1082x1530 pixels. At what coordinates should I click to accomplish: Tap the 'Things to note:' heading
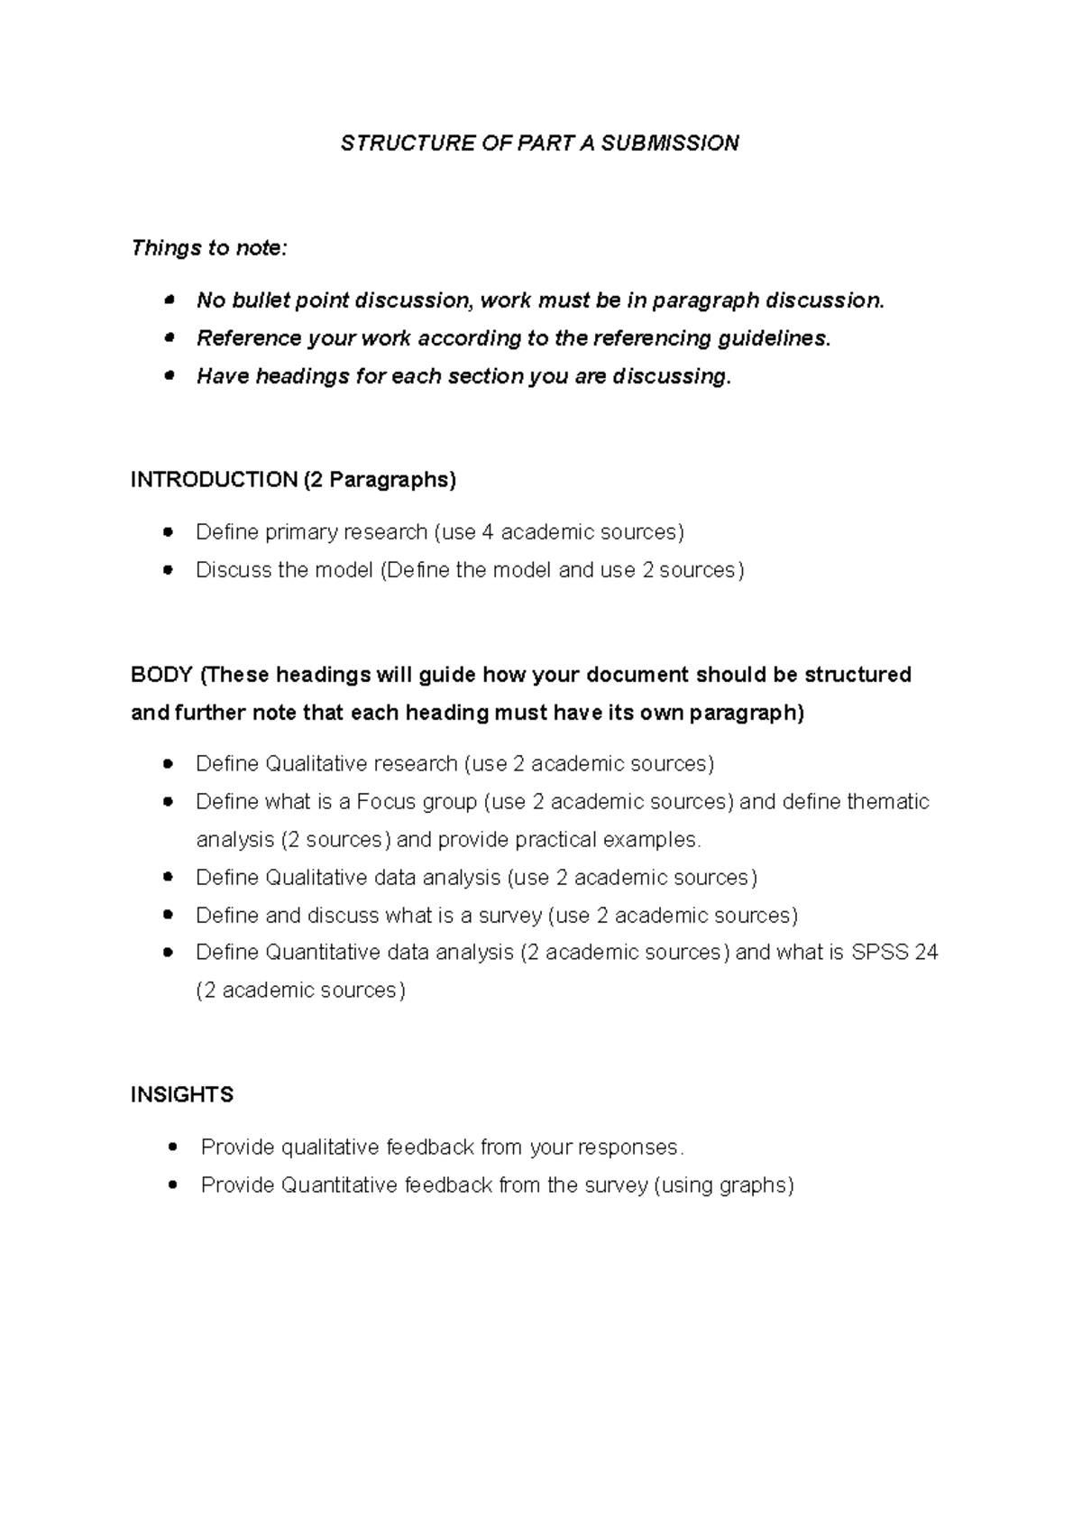(209, 248)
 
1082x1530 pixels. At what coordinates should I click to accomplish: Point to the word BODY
(161, 675)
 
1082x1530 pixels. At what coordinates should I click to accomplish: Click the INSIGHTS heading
(182, 1095)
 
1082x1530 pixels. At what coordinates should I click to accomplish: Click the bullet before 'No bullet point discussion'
(168, 300)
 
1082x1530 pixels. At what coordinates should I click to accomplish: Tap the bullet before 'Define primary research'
(168, 532)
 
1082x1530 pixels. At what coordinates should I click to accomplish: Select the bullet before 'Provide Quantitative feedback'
(171, 1185)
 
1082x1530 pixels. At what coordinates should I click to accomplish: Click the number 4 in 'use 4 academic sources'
(488, 532)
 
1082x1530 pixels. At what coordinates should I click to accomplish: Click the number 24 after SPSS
(926, 953)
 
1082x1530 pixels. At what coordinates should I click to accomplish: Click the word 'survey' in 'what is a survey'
(510, 916)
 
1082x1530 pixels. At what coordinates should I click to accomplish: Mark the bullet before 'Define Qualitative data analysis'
(168, 878)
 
